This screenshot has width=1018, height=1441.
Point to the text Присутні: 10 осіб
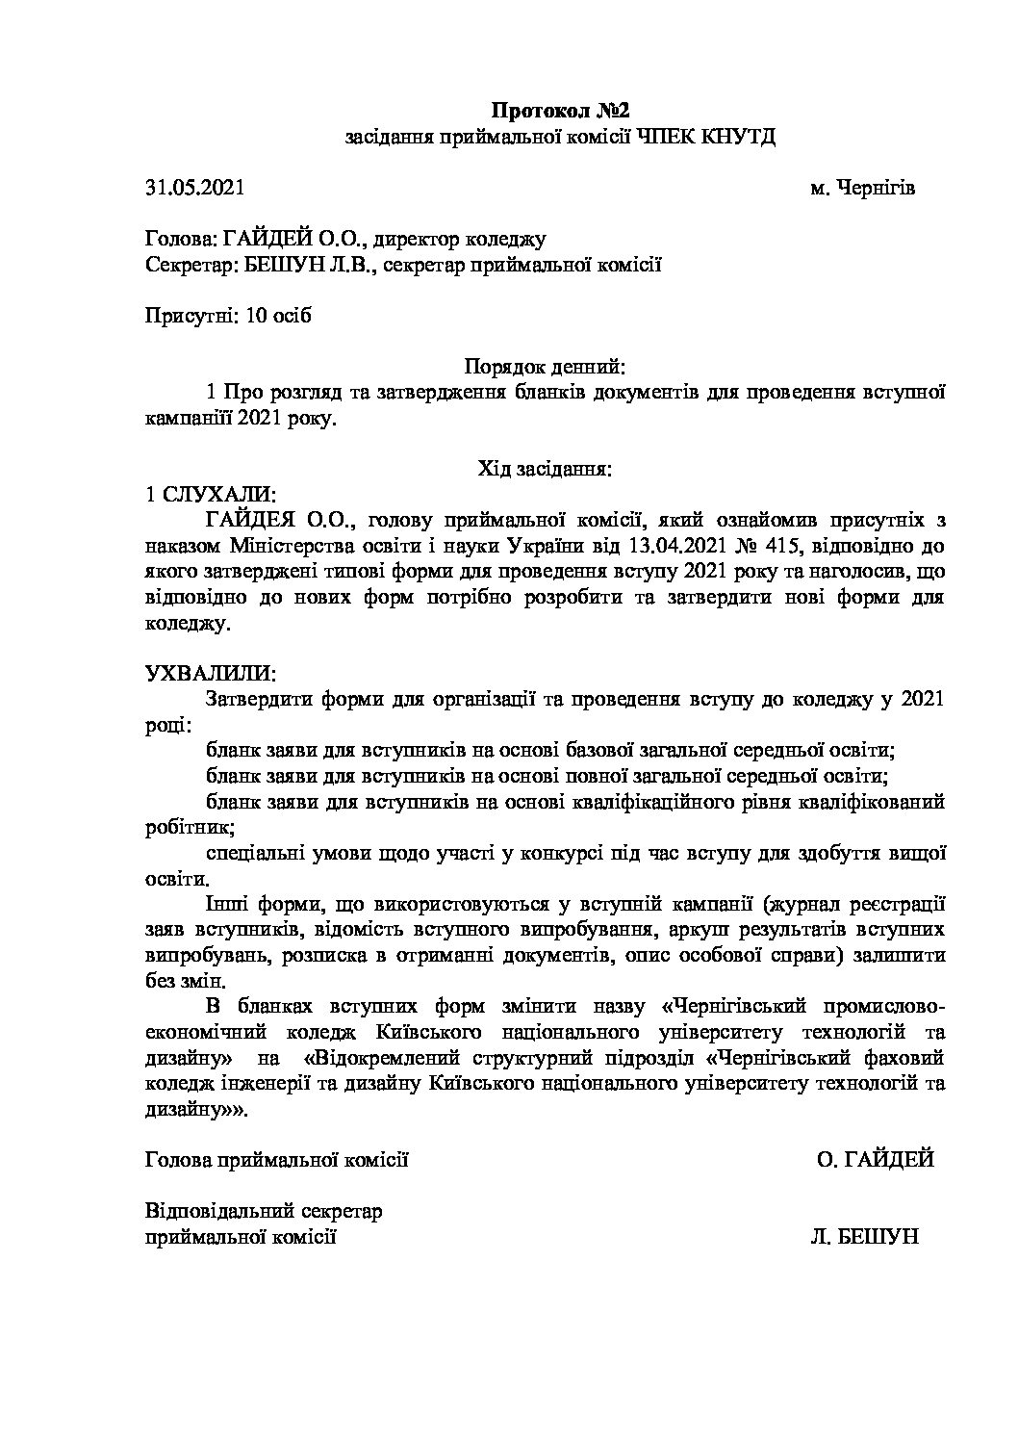[x=228, y=316]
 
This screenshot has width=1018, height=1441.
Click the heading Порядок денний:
[x=545, y=367]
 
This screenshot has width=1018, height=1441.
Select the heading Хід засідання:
[x=545, y=470]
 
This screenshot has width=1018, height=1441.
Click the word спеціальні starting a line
[x=253, y=852]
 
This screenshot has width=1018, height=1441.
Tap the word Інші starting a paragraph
[x=225, y=904]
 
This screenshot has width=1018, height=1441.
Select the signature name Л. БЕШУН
[x=865, y=1236]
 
